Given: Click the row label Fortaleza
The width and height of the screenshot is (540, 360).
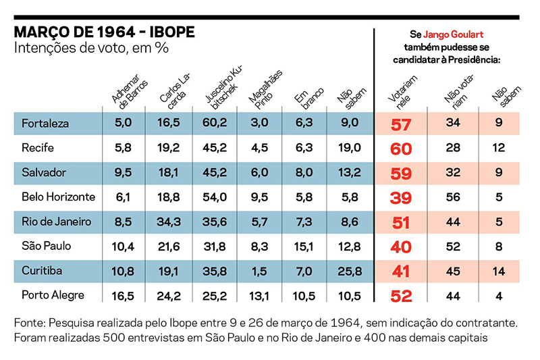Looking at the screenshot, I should [46, 124].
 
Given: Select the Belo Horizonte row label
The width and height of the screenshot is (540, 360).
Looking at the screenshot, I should [59, 197].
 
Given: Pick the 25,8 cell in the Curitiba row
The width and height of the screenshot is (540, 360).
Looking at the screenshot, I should [350, 270].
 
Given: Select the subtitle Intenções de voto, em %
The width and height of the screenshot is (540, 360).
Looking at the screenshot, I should [90, 49].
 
